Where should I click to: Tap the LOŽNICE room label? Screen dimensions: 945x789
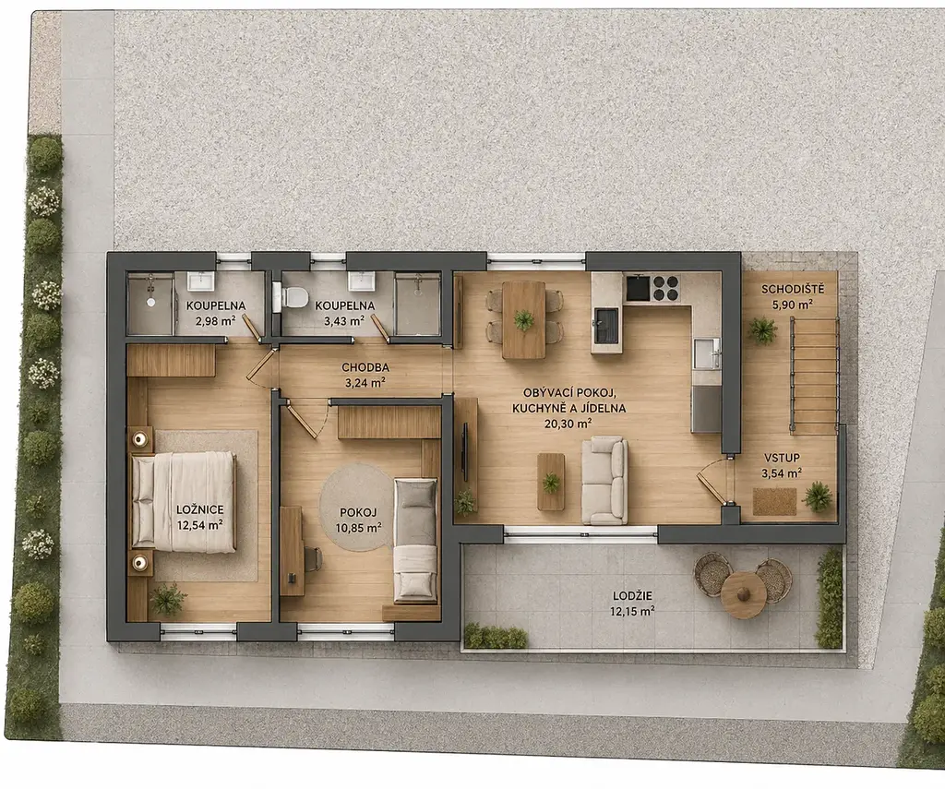[x=200, y=510]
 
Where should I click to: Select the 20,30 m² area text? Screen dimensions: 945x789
[x=568, y=424]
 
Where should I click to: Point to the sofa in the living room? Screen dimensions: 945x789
[x=604, y=480]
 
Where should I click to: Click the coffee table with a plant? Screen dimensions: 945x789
[x=551, y=482]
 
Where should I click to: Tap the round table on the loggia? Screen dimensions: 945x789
[x=744, y=594]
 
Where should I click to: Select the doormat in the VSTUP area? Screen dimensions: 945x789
[x=774, y=501]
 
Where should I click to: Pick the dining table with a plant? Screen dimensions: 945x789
[x=524, y=319]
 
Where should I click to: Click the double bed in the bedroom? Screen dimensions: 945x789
[x=184, y=501]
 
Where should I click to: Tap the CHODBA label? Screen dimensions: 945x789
[x=365, y=367]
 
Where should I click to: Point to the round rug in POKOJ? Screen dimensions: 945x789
[x=357, y=507]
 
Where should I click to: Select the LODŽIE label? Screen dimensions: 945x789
[x=632, y=596]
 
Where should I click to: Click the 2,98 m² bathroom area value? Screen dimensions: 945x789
[x=215, y=321]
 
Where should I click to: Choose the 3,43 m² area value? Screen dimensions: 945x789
[x=344, y=321]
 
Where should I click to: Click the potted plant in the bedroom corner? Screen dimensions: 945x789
[x=168, y=600]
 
